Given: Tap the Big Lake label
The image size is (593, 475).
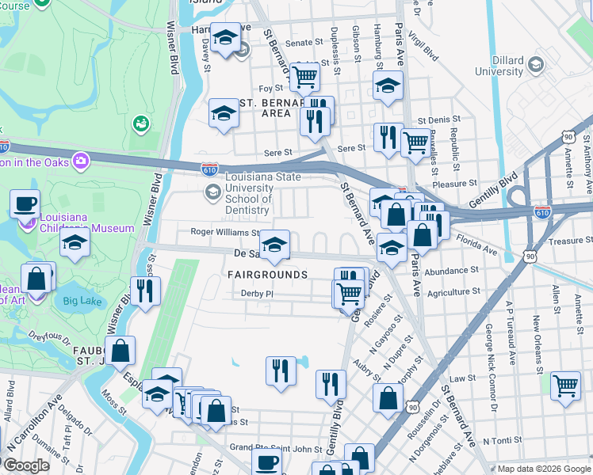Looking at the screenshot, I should (82, 301).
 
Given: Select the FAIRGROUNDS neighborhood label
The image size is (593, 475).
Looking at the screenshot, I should (267, 275).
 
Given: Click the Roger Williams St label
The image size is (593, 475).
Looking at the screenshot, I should (224, 233).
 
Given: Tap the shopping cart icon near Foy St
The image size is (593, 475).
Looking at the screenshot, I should (304, 76).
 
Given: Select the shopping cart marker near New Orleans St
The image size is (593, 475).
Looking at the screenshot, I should (564, 386).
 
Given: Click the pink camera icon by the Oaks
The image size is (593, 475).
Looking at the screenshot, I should (80, 161).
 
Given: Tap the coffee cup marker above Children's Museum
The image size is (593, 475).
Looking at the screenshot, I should (25, 203).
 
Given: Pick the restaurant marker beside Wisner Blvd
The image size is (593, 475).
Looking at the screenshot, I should (145, 291).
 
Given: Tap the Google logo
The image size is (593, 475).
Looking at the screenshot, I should (26, 465).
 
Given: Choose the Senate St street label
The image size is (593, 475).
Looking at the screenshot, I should (300, 43).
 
